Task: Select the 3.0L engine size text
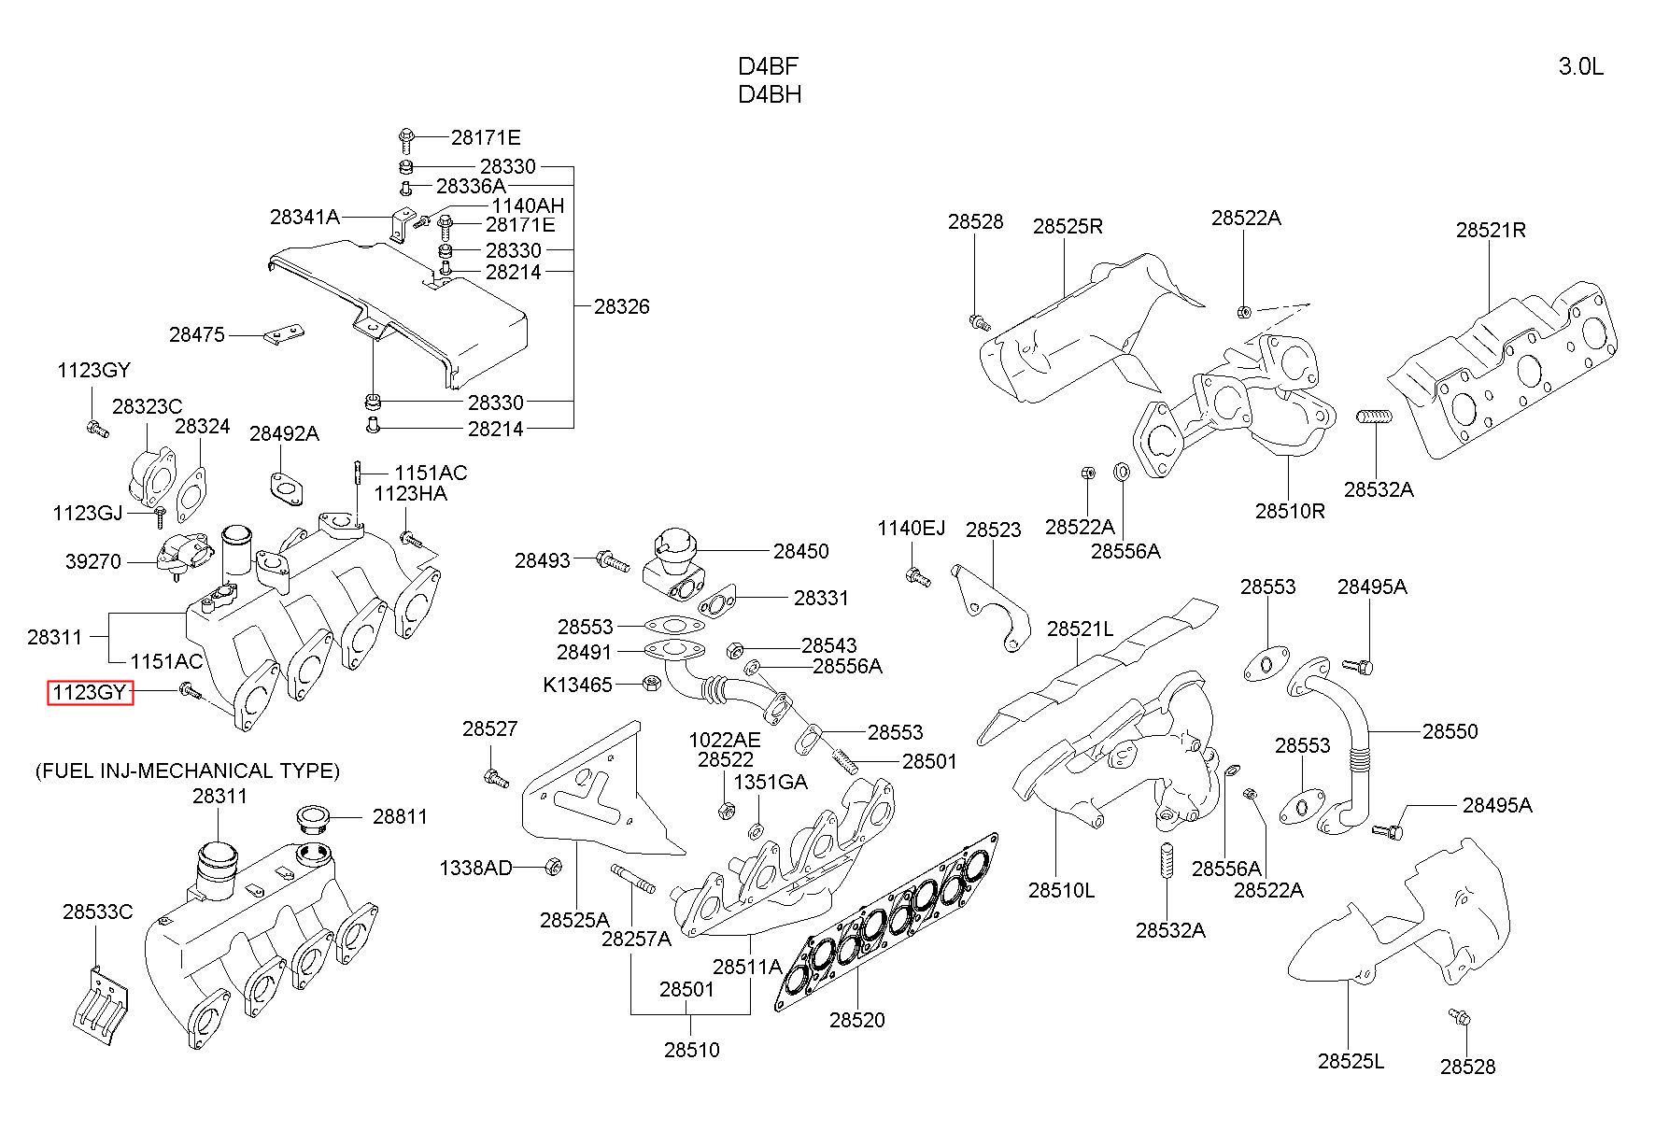(x=1581, y=66)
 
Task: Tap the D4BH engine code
(x=770, y=94)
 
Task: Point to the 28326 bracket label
(x=622, y=306)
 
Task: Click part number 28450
(x=800, y=551)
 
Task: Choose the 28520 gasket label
(x=856, y=1020)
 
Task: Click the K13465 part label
(x=577, y=685)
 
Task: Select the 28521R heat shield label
(x=1491, y=230)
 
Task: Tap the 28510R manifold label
(x=1290, y=511)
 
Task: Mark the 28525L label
(x=1351, y=1061)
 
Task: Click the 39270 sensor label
(x=93, y=561)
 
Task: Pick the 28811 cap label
(x=400, y=816)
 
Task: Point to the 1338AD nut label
(x=476, y=868)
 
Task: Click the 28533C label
(x=98, y=912)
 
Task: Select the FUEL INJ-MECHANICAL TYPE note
(x=188, y=770)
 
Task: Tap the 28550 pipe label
(x=1450, y=731)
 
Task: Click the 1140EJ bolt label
(x=911, y=529)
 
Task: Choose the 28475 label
(x=197, y=334)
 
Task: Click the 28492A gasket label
(x=284, y=433)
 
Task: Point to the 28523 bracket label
(x=993, y=530)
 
